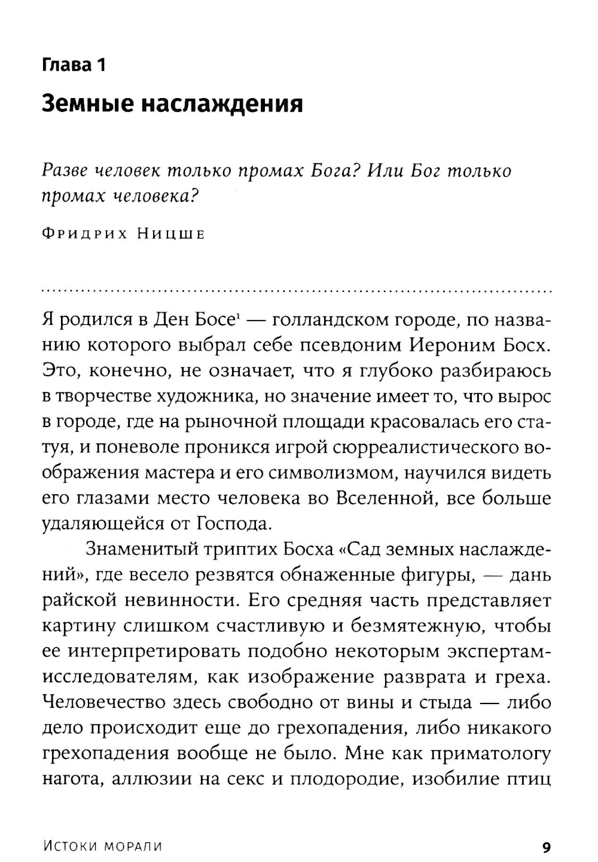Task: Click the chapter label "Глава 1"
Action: [74, 64]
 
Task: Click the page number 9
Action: [546, 846]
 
